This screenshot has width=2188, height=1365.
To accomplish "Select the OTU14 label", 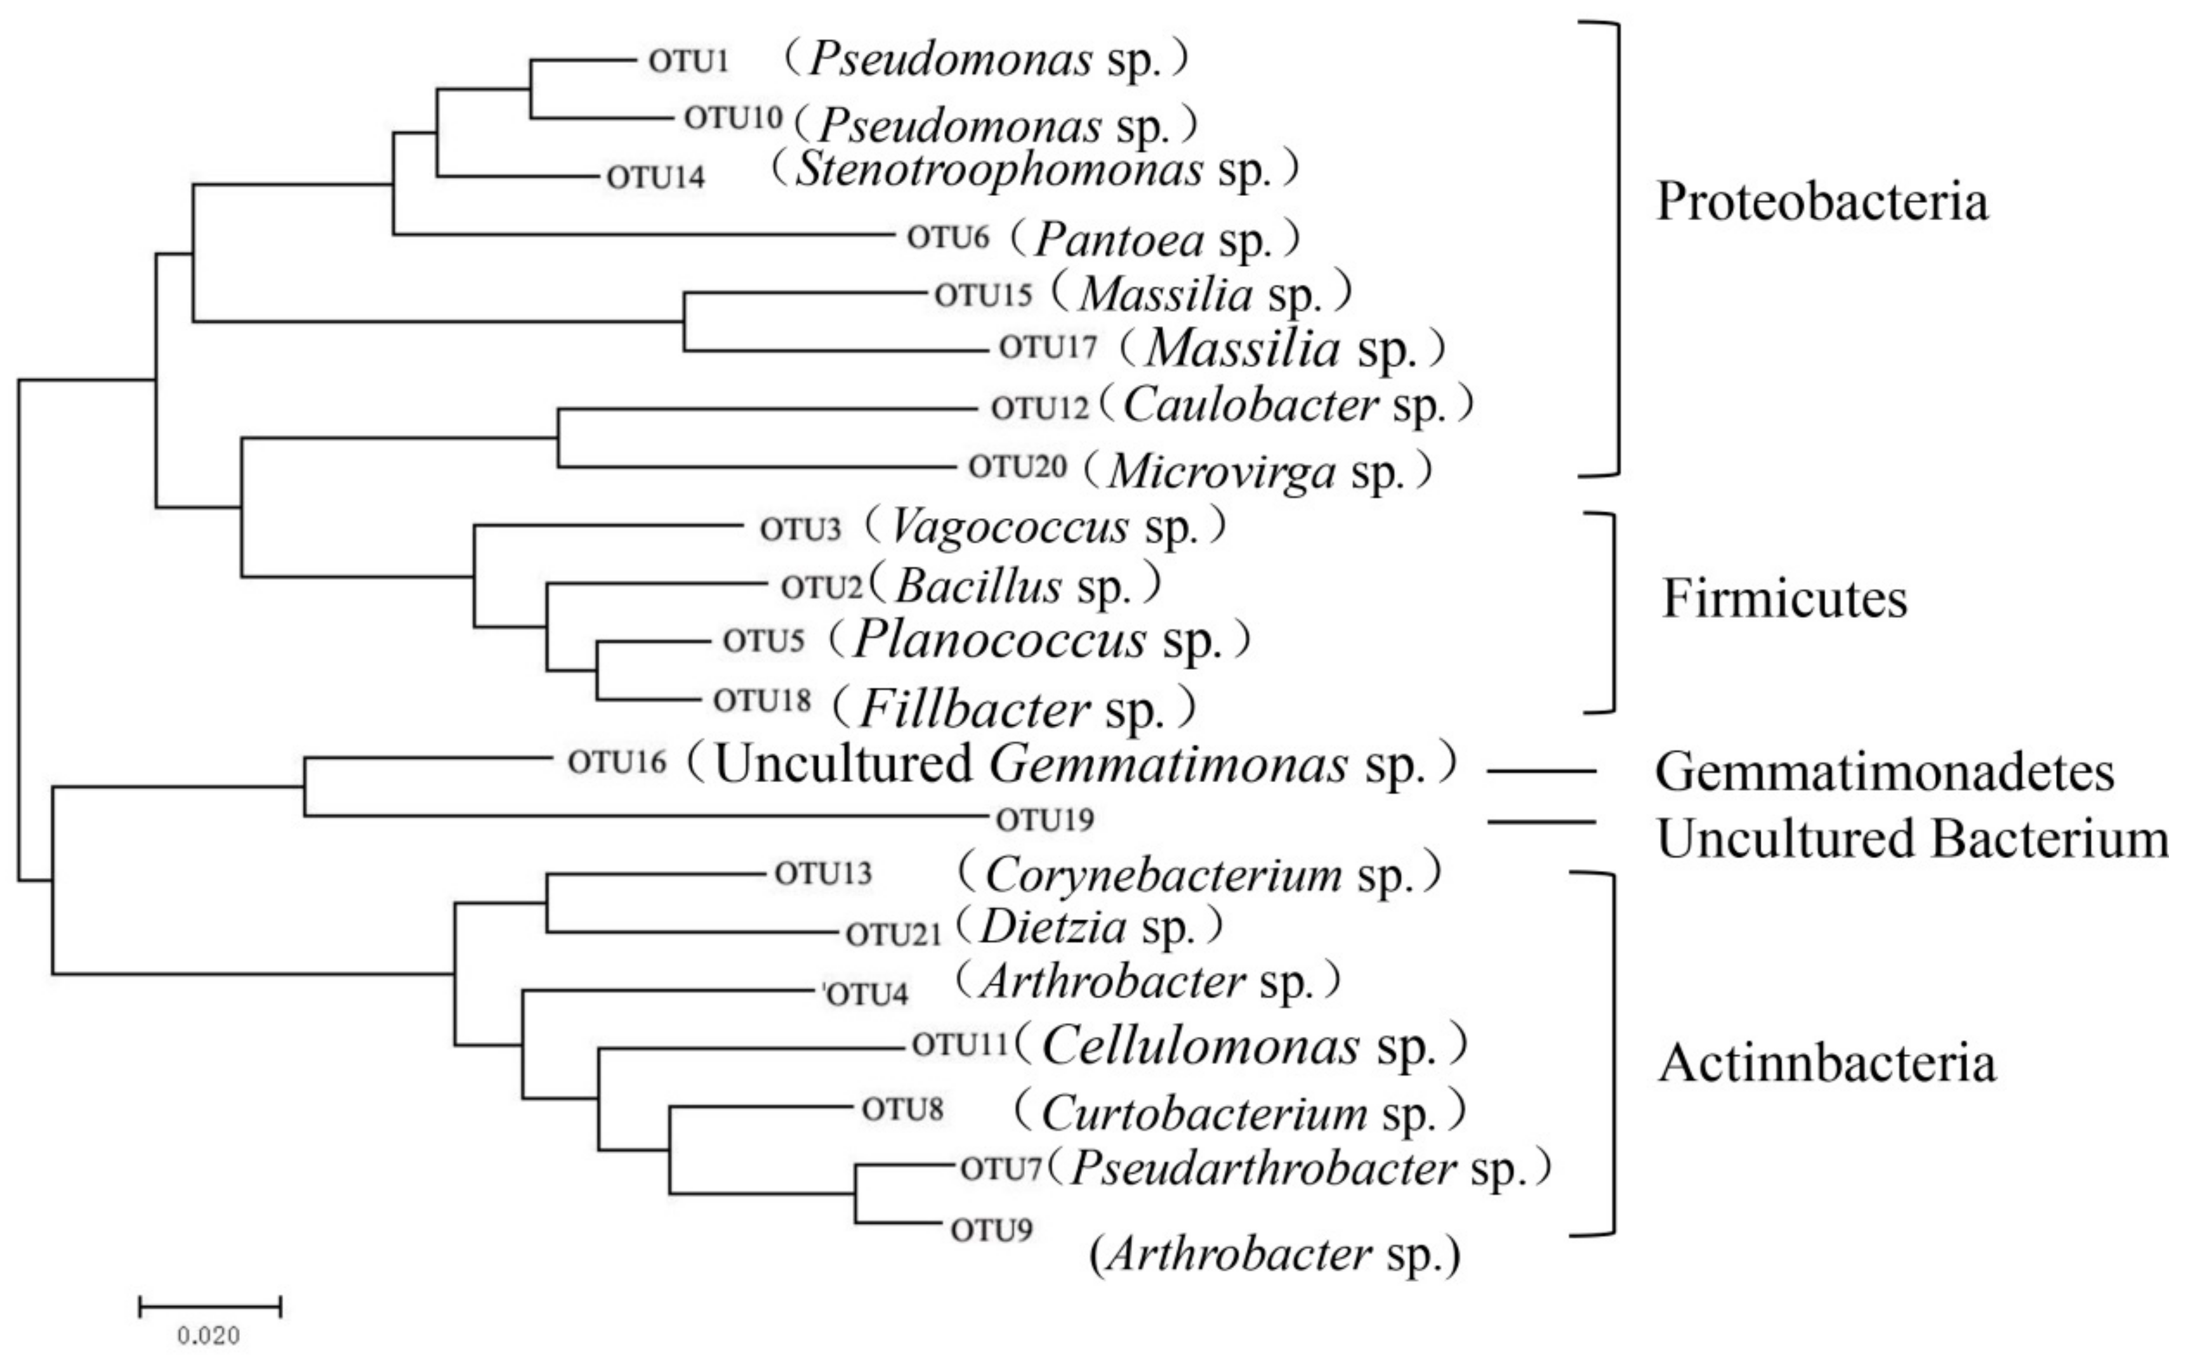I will coord(655,177).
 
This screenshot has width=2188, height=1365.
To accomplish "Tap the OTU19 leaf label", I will coord(1045,820).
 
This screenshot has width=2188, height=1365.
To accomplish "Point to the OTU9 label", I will coord(991,1231).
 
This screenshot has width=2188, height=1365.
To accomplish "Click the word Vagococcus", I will coord(1010,527).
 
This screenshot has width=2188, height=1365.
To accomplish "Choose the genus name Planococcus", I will coord(999,639).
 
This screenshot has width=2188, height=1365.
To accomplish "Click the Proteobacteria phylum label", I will coord(1821,201).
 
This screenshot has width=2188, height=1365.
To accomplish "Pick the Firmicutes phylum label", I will coord(1784,598).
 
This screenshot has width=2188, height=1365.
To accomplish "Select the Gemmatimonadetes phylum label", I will coord(1885,773).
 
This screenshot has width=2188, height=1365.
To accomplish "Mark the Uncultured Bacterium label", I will coord(1913,839).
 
